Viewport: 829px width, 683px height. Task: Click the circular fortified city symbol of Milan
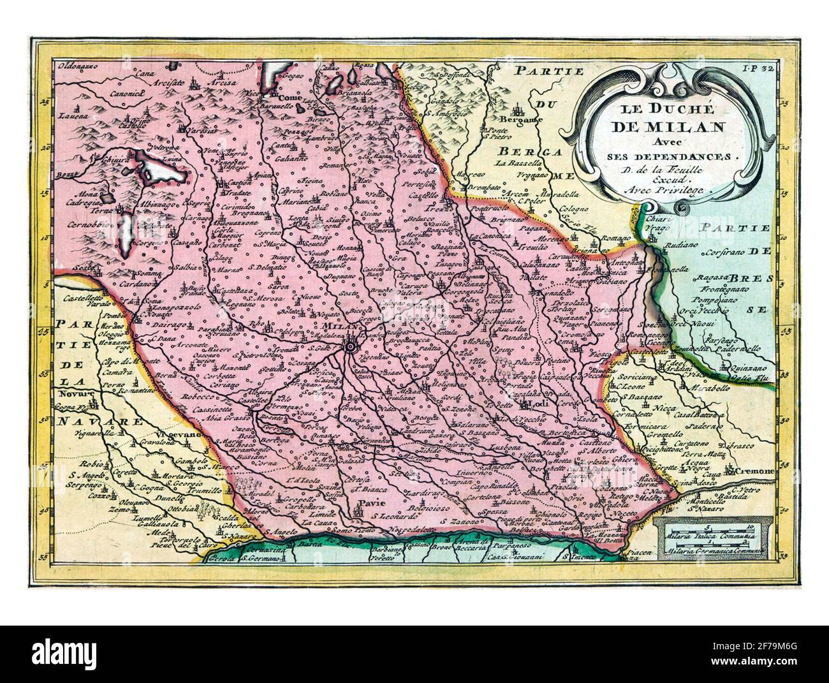350,348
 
